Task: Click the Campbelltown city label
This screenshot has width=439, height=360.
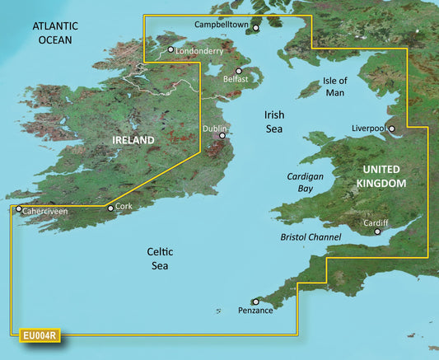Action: tap(222, 25)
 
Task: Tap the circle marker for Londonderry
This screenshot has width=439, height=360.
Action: tap(170, 50)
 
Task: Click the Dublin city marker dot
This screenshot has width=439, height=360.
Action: tap(222, 137)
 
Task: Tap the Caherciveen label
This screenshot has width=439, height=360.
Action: tap(45, 211)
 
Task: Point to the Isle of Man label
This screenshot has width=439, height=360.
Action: tap(335, 86)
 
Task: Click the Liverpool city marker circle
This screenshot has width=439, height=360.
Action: tap(392, 129)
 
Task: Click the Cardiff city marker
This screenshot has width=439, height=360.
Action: tap(378, 232)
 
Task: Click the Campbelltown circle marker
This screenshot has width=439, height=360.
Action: tap(255, 28)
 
